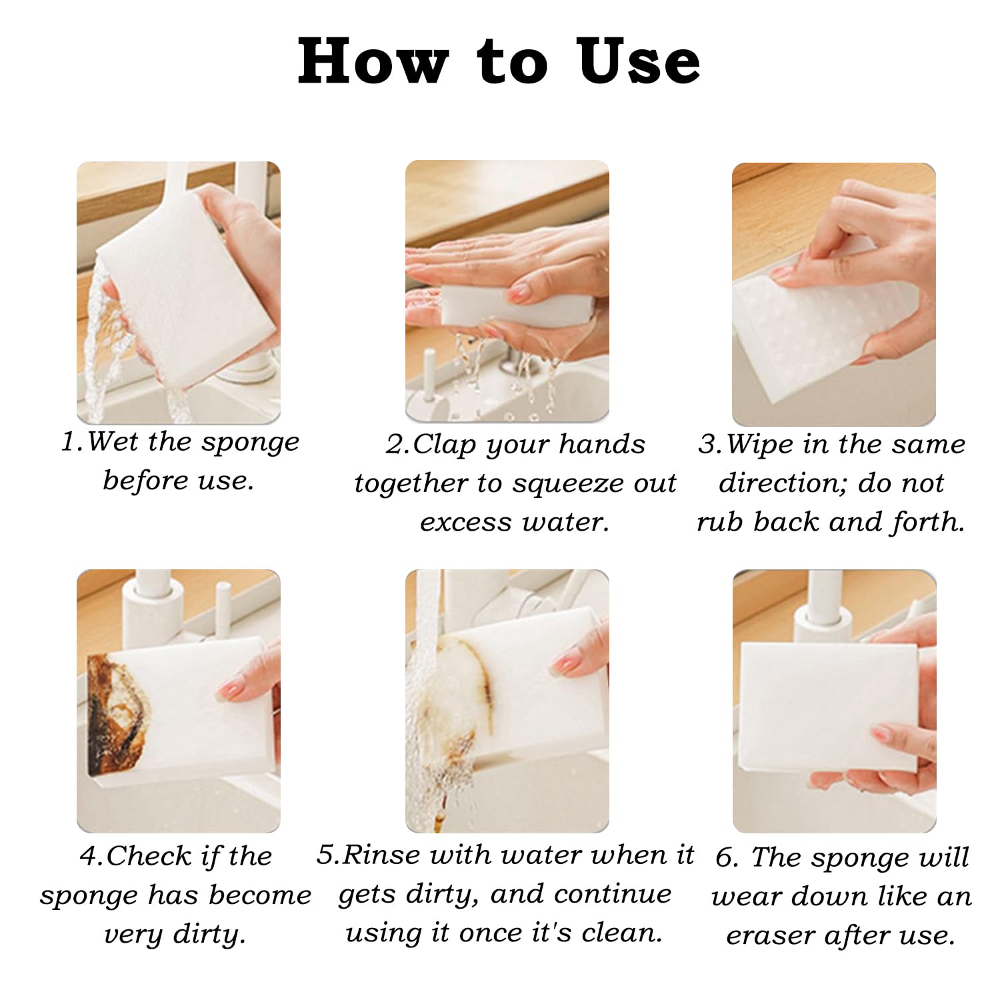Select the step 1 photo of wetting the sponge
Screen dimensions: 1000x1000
(179, 293)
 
